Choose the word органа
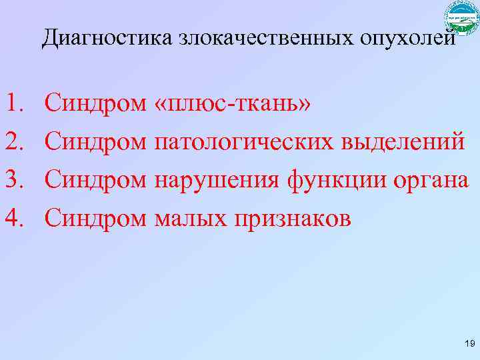432,179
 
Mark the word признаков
290,217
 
